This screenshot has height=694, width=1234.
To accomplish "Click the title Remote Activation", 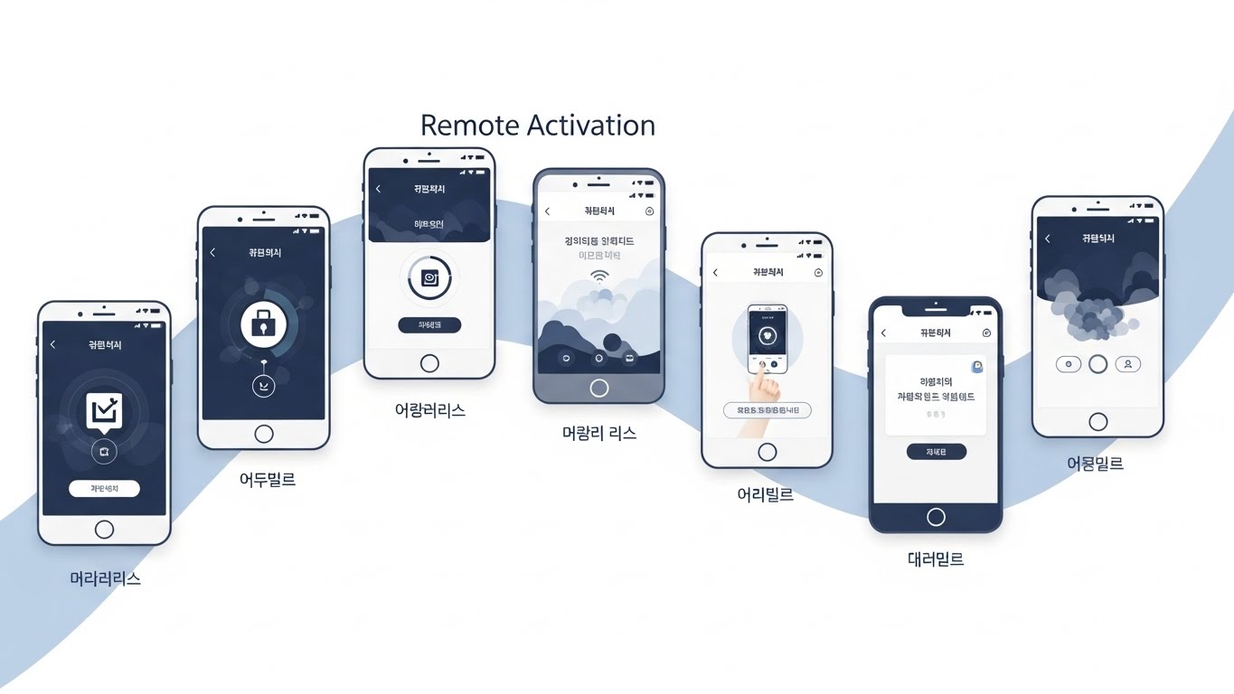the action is (538, 125).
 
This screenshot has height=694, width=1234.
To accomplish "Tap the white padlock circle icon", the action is (263, 324).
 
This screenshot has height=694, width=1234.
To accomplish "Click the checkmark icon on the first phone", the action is (104, 412).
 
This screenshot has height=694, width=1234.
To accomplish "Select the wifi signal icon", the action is (599, 276).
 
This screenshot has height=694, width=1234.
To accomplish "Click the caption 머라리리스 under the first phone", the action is (105, 578).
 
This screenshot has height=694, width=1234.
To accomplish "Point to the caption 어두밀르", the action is (268, 480).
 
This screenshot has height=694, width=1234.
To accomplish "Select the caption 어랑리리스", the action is (429, 410).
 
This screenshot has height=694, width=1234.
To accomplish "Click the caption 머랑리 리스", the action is (599, 434).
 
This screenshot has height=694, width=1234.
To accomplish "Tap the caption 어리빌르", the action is (766, 495).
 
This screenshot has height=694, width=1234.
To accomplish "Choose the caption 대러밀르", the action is (936, 559).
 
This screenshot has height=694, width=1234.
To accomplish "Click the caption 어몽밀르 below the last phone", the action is (1095, 464).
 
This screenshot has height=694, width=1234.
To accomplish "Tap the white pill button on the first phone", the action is (104, 489).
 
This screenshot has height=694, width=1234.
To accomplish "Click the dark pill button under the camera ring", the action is (429, 324).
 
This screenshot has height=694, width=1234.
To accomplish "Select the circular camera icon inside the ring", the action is (429, 278).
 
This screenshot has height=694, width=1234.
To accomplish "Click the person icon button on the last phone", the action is (1127, 364).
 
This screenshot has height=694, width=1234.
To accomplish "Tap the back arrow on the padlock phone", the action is (212, 253).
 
